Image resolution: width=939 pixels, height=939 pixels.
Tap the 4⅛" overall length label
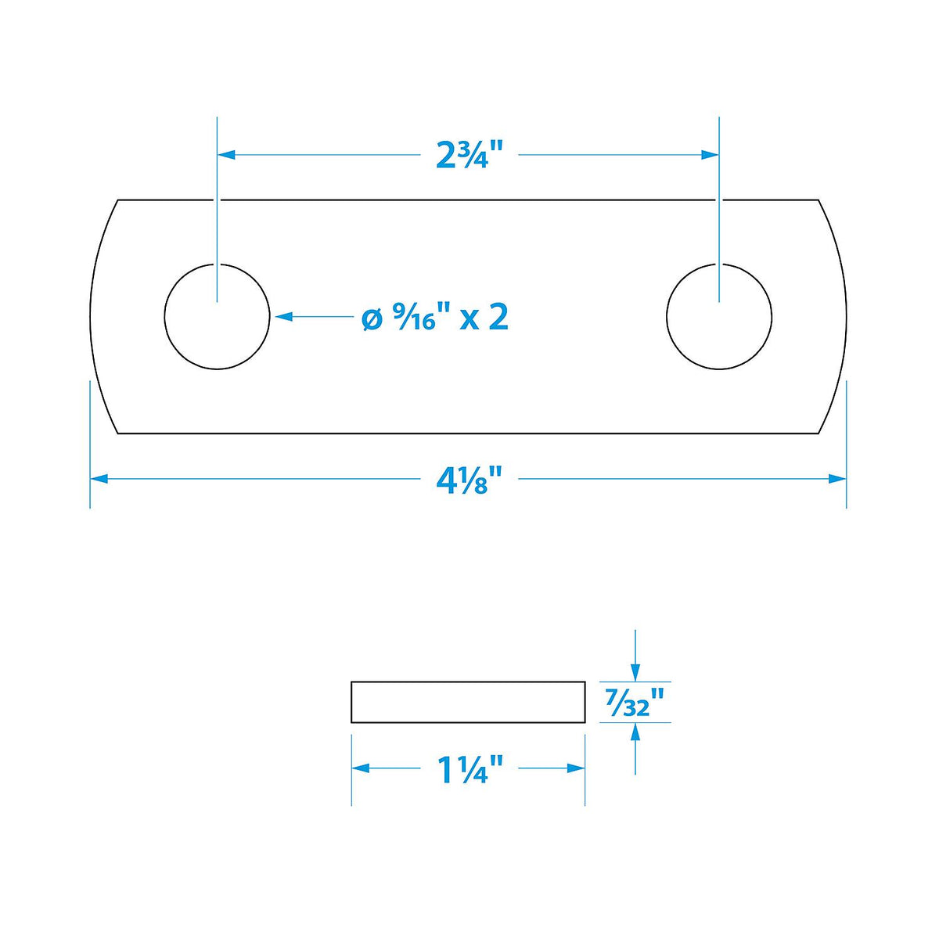[x=469, y=480]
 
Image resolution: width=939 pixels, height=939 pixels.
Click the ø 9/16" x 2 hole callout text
[x=435, y=317]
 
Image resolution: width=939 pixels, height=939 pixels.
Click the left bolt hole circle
[x=164, y=317]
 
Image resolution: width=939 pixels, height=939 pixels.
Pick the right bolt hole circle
[x=667, y=317]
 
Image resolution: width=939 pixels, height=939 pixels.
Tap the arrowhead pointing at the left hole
[x=283, y=317]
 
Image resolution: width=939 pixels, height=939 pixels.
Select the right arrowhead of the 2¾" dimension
[x=710, y=155]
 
